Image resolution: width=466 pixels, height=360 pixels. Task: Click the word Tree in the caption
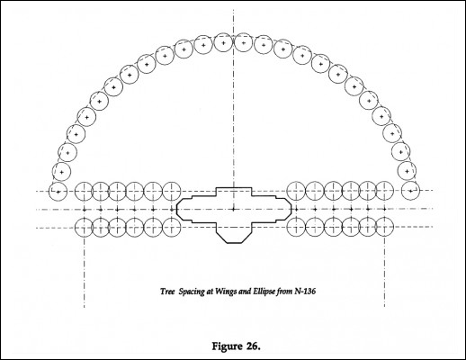[x=167, y=292]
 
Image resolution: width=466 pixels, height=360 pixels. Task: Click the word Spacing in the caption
[x=192, y=292]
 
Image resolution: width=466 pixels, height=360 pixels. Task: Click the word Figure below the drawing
[x=227, y=346]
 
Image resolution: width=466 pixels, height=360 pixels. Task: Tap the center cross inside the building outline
[x=234, y=209]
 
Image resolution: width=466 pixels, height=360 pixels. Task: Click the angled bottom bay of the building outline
[x=234, y=242]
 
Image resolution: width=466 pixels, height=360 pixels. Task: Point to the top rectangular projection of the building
[x=234, y=188]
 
